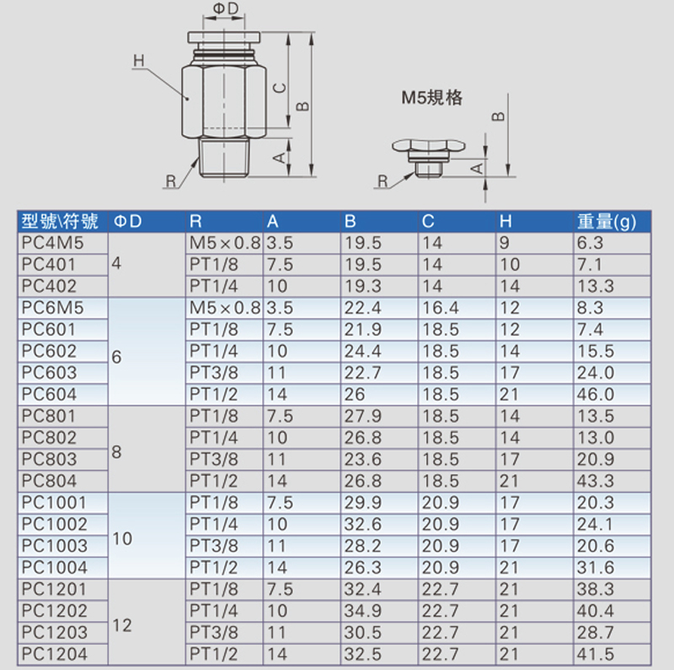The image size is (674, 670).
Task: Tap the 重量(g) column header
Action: tap(606, 222)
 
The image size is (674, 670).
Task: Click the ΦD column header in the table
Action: tap(128, 222)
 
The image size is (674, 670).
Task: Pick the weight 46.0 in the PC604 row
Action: tap(596, 394)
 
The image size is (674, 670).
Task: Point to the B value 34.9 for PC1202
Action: tap(363, 611)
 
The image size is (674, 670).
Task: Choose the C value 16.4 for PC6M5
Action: tap(440, 308)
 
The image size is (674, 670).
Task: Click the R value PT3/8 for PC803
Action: tap(214, 459)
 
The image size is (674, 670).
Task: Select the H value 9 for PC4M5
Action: tap(504, 243)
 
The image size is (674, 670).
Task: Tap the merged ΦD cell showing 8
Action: tap(116, 452)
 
